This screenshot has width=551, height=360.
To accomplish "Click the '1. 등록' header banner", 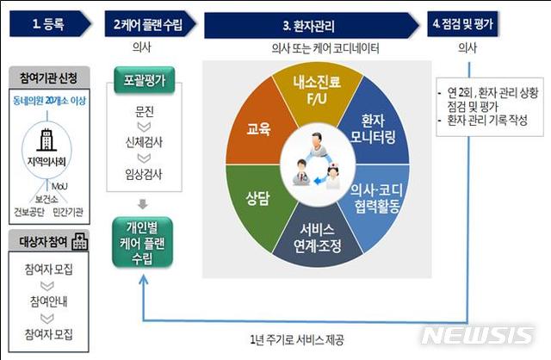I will [48, 22].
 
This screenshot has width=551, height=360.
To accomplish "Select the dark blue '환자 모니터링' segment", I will [372, 129].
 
